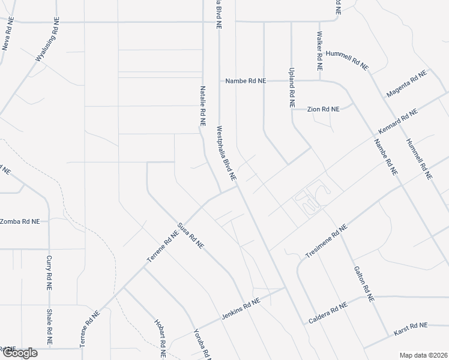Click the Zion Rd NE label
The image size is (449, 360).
pos(323,109)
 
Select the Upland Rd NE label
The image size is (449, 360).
pos(292,87)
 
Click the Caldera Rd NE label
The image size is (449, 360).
pos(328,312)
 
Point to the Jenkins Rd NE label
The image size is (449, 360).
pos(240,308)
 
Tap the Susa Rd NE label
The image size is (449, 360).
pos(191,236)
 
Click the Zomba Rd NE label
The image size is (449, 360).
pos(20,221)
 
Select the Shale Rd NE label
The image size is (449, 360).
pos(49,327)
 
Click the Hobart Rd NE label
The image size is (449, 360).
pos(160,338)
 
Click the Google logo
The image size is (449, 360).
pos(20,352)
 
